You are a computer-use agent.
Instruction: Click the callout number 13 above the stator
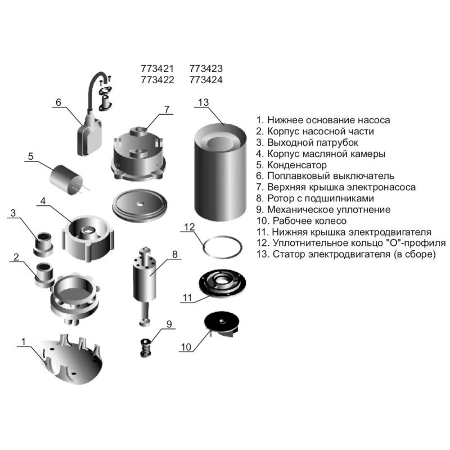pyautogui.click(x=203, y=102)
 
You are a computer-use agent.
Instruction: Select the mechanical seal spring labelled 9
pyautogui.click(x=146, y=348)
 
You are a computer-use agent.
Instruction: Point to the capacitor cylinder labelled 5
pyautogui.click(x=66, y=179)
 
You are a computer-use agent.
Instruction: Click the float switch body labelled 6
pyautogui.click(x=89, y=137)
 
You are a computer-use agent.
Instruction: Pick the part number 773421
pyautogui.click(x=157, y=69)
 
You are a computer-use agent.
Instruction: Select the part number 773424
pyautogui.click(x=206, y=80)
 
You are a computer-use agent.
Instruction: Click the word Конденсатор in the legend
pyautogui.click(x=297, y=165)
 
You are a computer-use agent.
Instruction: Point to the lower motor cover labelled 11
pyautogui.click(x=222, y=282)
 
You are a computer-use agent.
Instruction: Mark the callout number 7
pyautogui.click(x=166, y=110)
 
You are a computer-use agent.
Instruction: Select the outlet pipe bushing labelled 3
pyautogui.click(x=43, y=244)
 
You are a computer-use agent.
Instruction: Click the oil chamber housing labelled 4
pyautogui.click(x=87, y=237)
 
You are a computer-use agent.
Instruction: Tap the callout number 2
pyautogui.click(x=16, y=257)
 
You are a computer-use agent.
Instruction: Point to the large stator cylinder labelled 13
pyautogui.click(x=220, y=172)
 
